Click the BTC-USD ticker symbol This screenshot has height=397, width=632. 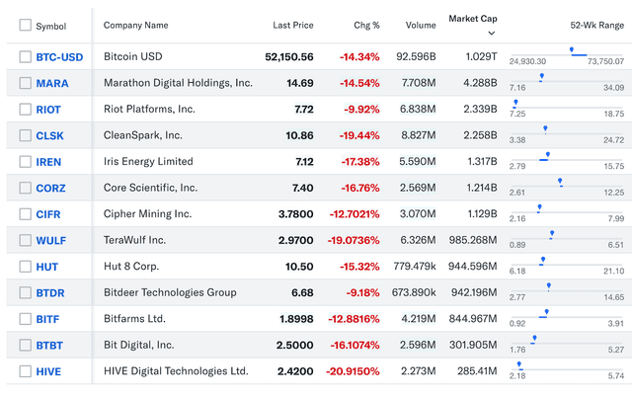(x=59, y=57)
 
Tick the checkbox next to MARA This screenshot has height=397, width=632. (x=25, y=83)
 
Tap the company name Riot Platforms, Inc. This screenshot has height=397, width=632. (x=149, y=110)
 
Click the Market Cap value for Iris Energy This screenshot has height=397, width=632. (x=478, y=162)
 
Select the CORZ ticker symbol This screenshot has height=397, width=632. (x=52, y=188)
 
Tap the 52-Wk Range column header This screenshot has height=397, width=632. (x=596, y=26)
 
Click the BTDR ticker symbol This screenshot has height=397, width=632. (x=52, y=292)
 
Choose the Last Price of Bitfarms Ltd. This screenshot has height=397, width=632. (x=294, y=319)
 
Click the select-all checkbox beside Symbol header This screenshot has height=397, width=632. (x=25, y=26)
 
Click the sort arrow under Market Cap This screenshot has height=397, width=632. (x=491, y=33)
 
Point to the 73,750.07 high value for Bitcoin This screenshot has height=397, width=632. (x=604, y=62)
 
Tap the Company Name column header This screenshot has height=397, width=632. (x=135, y=26)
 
